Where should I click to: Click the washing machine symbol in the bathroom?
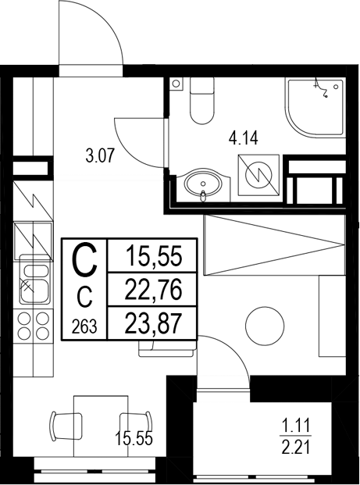coord(257,173)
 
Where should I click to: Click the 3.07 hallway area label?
coord(100,154)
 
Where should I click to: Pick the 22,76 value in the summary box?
coord(153,291)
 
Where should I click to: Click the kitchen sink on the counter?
coord(32,280)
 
